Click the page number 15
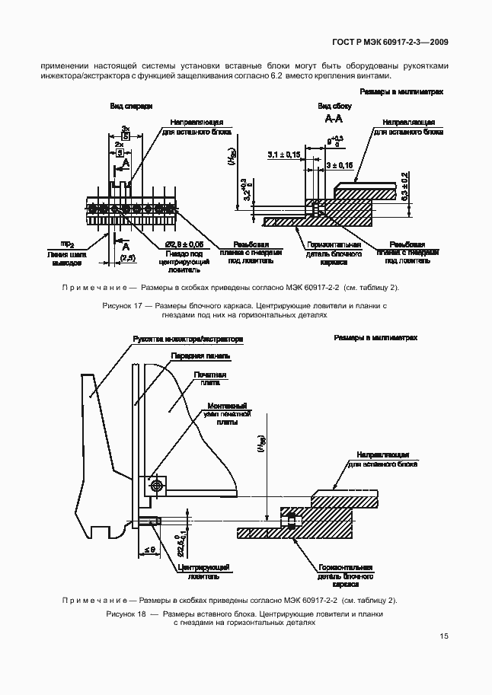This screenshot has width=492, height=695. click(443, 638)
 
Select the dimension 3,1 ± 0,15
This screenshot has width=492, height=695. click(283, 155)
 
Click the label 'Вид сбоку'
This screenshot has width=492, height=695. click(334, 107)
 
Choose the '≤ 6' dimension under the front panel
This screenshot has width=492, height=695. click(148, 548)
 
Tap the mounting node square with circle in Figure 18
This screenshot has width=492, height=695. click(157, 484)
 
